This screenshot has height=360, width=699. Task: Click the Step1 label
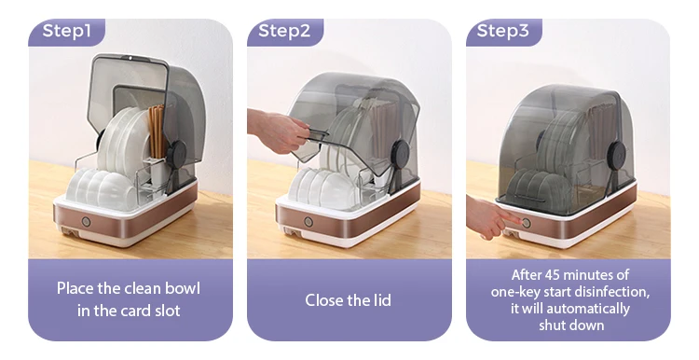pos(66,31)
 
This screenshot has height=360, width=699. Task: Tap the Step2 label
pos(284,31)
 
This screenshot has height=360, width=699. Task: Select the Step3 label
pos(502,31)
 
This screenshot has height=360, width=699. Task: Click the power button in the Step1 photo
pos(86,222)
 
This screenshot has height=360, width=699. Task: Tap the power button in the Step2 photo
pos(308,222)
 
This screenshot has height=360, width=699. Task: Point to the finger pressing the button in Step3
pos(508,218)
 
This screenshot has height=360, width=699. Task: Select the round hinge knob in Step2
pos(401,153)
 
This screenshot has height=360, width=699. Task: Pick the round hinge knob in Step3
pos(617,155)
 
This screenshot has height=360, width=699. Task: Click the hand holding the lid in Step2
pos(278,131)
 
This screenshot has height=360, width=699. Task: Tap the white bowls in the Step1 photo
pos(102,188)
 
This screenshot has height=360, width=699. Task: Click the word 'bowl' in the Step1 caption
pos(183,288)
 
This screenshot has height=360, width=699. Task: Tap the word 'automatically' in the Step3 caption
pos(588,309)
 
